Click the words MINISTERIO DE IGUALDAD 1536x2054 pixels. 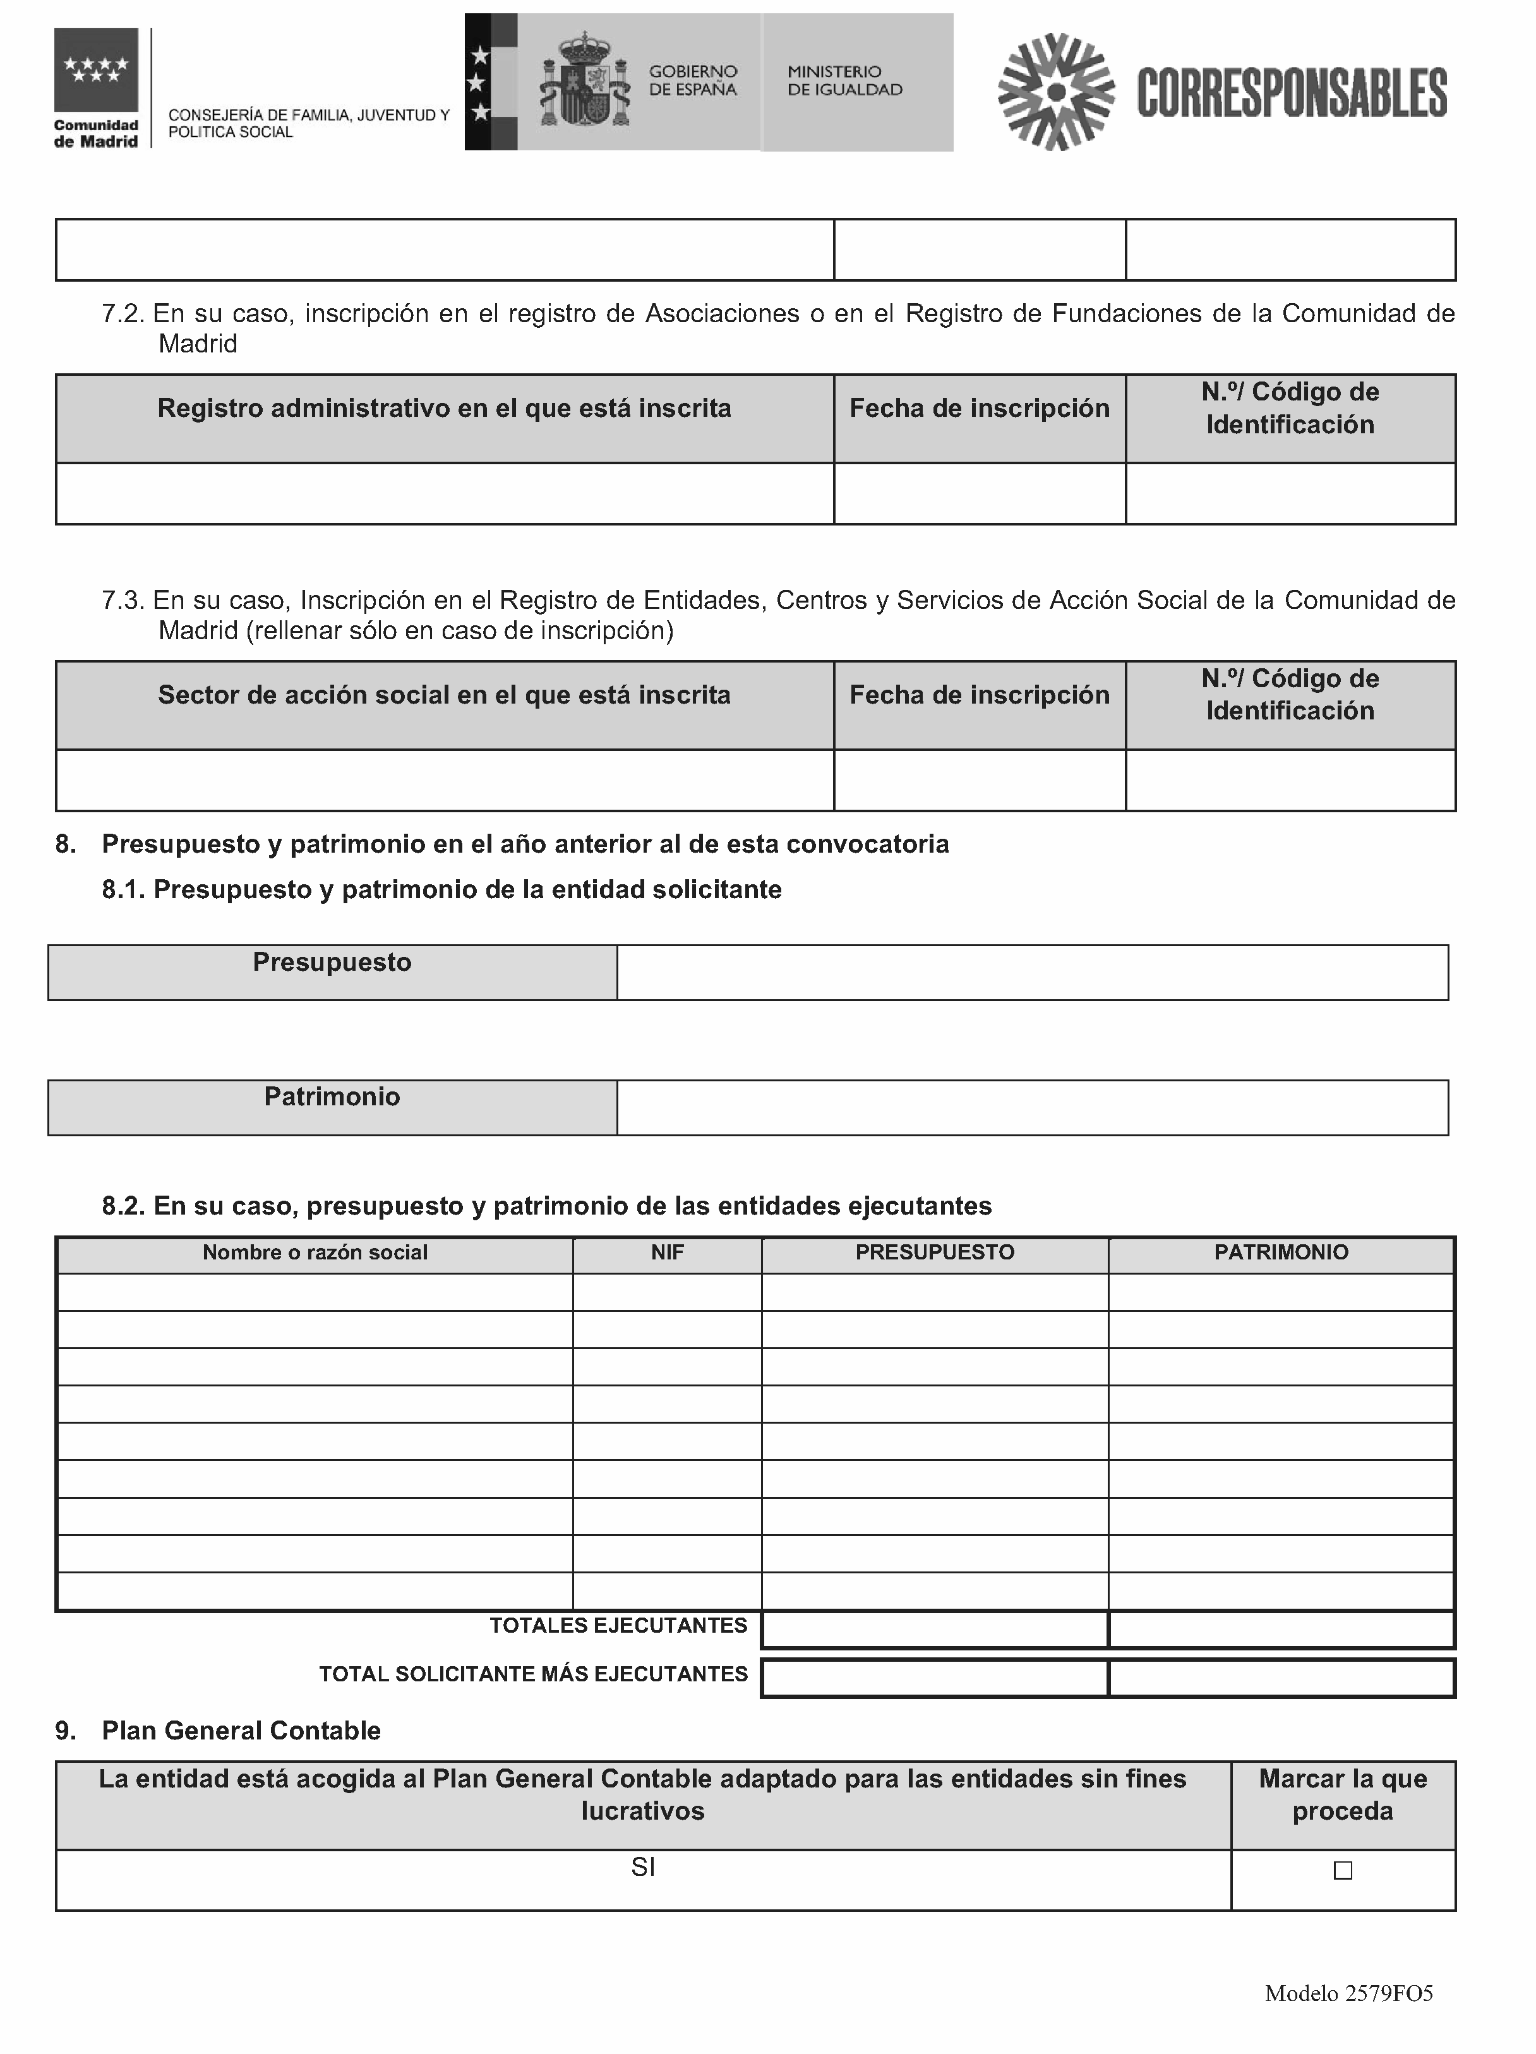click(844, 81)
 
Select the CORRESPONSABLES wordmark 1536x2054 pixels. click(1291, 93)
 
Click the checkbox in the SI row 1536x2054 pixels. click(1342, 1870)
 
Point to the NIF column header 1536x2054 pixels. click(667, 1252)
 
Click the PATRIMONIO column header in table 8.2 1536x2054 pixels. click(1281, 1252)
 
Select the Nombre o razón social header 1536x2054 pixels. click(315, 1252)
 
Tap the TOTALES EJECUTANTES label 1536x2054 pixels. click(618, 1626)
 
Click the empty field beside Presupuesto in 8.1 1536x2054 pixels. click(1032, 972)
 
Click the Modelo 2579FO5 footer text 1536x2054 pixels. click(1348, 1993)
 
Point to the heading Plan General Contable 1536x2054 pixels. click(241, 1731)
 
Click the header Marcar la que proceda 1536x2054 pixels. click(1342, 1795)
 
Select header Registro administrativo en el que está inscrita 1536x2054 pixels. click(444, 409)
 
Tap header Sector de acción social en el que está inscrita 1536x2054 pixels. click(444, 695)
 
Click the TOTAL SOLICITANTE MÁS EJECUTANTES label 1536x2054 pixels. click(533, 1674)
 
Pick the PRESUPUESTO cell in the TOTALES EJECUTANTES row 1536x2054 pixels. click(934, 1630)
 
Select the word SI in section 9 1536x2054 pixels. click(642, 1867)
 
